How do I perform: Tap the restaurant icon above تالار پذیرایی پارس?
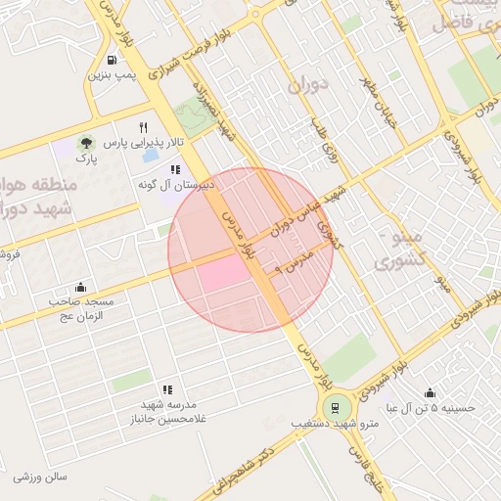pos(142,127)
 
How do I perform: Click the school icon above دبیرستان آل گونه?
pos(176,168)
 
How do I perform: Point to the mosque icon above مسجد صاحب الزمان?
pos(80,287)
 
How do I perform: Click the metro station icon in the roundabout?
pos(336,408)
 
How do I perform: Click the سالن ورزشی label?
pos(40,478)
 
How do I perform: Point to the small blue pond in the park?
pos(152,156)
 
